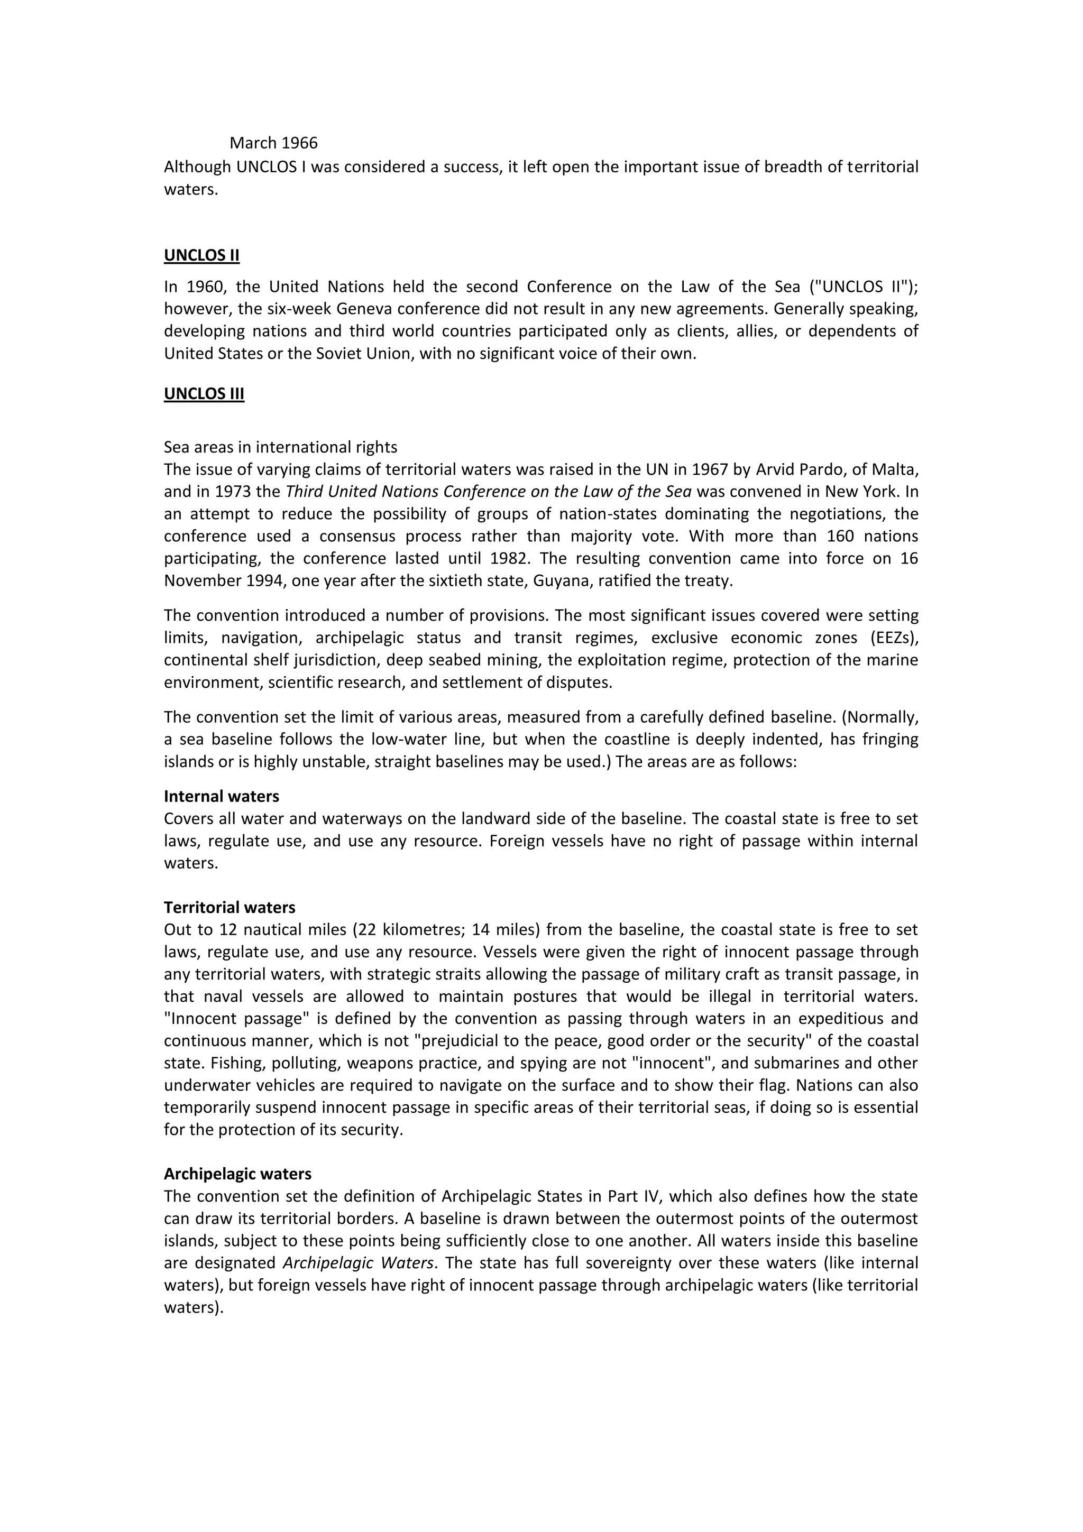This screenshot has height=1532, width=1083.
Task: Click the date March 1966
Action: point(273,143)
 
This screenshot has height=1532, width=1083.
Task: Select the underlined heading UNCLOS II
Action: point(201,255)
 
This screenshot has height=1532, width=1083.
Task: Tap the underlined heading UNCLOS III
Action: point(204,394)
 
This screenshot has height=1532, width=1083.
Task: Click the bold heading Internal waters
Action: point(222,796)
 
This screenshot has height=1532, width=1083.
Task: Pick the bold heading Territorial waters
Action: point(230,908)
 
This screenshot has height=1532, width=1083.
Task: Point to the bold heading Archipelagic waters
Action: point(237,1174)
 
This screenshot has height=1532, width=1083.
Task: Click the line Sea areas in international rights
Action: point(280,447)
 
